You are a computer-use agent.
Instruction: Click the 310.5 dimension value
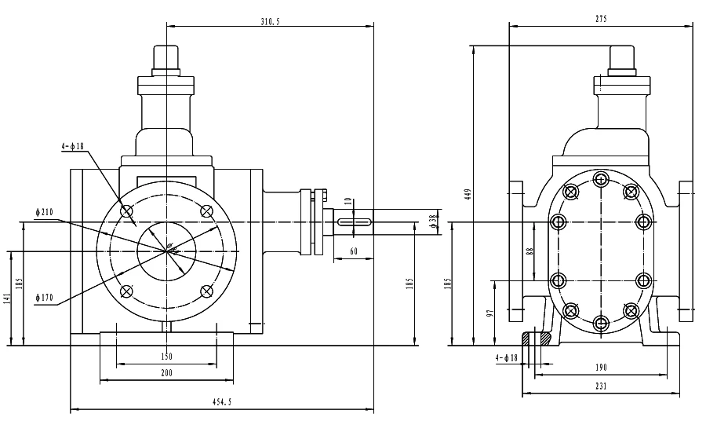pos(270,22)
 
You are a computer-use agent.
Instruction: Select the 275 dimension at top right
pos(601,19)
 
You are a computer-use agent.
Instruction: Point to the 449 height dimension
pos(468,194)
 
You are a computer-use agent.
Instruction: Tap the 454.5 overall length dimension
pos(222,402)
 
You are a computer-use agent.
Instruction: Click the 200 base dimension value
pos(166,373)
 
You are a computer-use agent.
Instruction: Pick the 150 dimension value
pos(166,357)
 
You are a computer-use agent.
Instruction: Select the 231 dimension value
pos(601,386)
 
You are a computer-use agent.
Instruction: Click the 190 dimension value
pos(601,368)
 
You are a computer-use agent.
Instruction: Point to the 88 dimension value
pos(529,251)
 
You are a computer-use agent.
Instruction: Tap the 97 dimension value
pos(491,313)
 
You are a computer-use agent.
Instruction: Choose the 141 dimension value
pos(6,298)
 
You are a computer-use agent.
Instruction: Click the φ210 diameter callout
pos(45,212)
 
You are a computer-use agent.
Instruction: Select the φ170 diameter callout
pos(45,298)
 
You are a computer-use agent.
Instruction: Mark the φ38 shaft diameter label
pos(433,221)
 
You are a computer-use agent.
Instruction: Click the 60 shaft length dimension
pos(354,251)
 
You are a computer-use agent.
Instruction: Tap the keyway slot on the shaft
pos(355,221)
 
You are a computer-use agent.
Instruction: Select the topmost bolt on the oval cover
pos(601,180)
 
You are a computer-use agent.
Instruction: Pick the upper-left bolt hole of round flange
pos(126,211)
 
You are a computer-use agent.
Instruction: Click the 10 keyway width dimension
pos(348,201)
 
